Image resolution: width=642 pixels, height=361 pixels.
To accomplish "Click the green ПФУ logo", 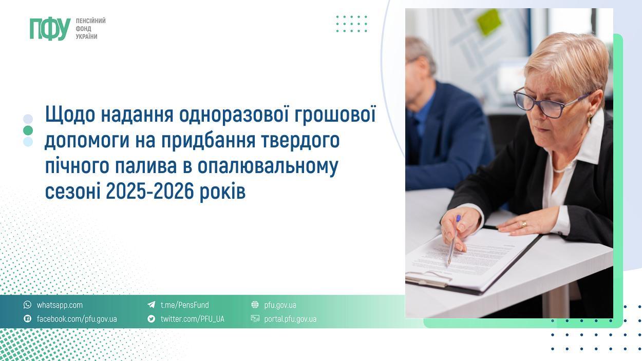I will [50, 29].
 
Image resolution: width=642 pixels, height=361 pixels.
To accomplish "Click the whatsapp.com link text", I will [60, 305].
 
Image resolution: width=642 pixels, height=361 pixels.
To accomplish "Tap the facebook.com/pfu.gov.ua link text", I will [77, 319].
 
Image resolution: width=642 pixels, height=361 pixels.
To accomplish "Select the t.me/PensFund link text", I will [185, 305].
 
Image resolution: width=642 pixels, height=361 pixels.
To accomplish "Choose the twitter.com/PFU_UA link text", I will [192, 319].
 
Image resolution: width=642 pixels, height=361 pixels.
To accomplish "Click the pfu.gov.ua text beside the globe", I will [280, 305].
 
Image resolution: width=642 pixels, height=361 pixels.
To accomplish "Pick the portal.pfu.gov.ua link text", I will [290, 319].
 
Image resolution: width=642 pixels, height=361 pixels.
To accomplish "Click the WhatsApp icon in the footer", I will [27, 305].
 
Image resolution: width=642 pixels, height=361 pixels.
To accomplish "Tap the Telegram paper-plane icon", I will [151, 305].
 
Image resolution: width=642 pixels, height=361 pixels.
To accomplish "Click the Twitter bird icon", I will [151, 319].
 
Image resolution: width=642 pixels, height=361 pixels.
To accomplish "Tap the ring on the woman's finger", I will [523, 224].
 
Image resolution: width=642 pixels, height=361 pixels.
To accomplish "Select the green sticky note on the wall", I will [488, 22].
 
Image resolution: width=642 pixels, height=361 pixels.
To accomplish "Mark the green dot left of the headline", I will [28, 130].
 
